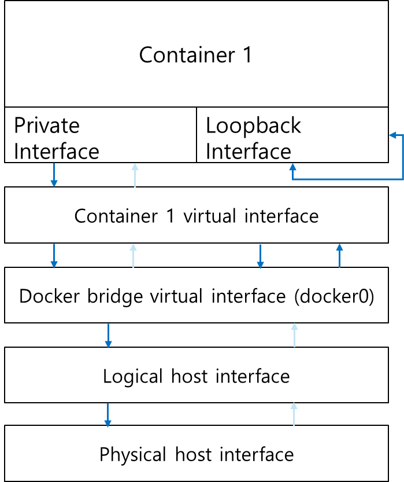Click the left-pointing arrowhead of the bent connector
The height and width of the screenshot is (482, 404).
[x=393, y=135]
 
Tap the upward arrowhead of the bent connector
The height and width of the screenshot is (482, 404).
[x=293, y=167]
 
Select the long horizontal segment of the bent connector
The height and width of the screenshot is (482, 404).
[x=347, y=179]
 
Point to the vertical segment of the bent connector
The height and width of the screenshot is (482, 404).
[x=402, y=157]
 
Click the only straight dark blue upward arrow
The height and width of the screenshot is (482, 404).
[x=339, y=256]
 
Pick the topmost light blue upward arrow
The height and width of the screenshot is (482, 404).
[x=135, y=175]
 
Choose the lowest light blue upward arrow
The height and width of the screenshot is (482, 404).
[x=294, y=414]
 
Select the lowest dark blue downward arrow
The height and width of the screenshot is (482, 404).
[x=108, y=415]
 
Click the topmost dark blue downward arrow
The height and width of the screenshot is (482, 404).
[x=54, y=175]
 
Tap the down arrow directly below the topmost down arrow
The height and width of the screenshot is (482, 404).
[x=54, y=256]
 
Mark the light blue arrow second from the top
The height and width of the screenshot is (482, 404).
[x=133, y=256]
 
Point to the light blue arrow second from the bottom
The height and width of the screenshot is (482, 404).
[x=294, y=335]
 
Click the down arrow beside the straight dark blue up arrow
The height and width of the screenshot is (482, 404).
[x=260, y=256]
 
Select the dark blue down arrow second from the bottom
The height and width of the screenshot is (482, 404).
[x=108, y=336]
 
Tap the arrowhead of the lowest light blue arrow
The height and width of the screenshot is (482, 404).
[x=294, y=406]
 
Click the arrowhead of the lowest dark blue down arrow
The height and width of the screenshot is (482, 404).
[x=108, y=424]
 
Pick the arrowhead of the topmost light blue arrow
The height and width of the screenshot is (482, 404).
[x=135, y=167]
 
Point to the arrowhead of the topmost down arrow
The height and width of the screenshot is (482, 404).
[x=54, y=183]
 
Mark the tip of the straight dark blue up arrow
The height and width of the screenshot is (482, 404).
[x=339, y=245]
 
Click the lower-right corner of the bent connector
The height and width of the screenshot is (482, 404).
[x=402, y=179]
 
